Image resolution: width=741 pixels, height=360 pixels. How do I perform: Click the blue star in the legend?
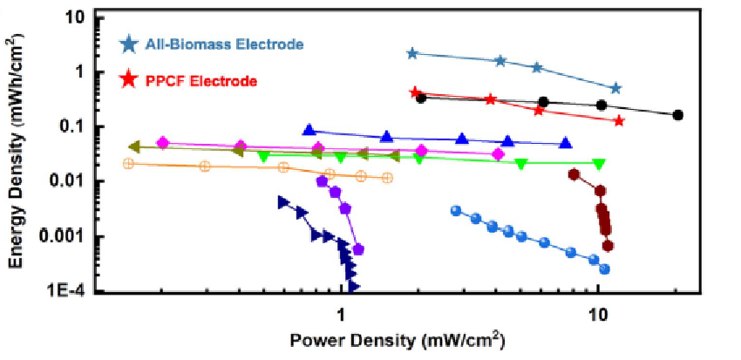pos(129,43)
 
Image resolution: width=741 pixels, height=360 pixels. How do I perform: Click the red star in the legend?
pos(129,80)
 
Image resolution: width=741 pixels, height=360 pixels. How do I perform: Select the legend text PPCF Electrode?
pos(201,81)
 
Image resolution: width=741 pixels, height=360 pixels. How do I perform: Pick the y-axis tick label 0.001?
pos(63,237)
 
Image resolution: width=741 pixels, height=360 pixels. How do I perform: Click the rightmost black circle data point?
pos(678,115)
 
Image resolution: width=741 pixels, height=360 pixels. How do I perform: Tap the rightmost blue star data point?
pos(615,88)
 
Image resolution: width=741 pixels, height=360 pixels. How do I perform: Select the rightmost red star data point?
pos(619,120)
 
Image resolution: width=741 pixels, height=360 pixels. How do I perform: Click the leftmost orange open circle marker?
pos(129,163)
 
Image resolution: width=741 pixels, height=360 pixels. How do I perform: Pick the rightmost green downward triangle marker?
pos(599,164)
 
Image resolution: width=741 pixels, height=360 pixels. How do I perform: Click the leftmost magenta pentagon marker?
pos(162,142)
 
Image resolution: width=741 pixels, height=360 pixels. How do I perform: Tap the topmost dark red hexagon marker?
pos(574,174)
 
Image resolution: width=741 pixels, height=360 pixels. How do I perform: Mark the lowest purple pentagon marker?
pos(358,250)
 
